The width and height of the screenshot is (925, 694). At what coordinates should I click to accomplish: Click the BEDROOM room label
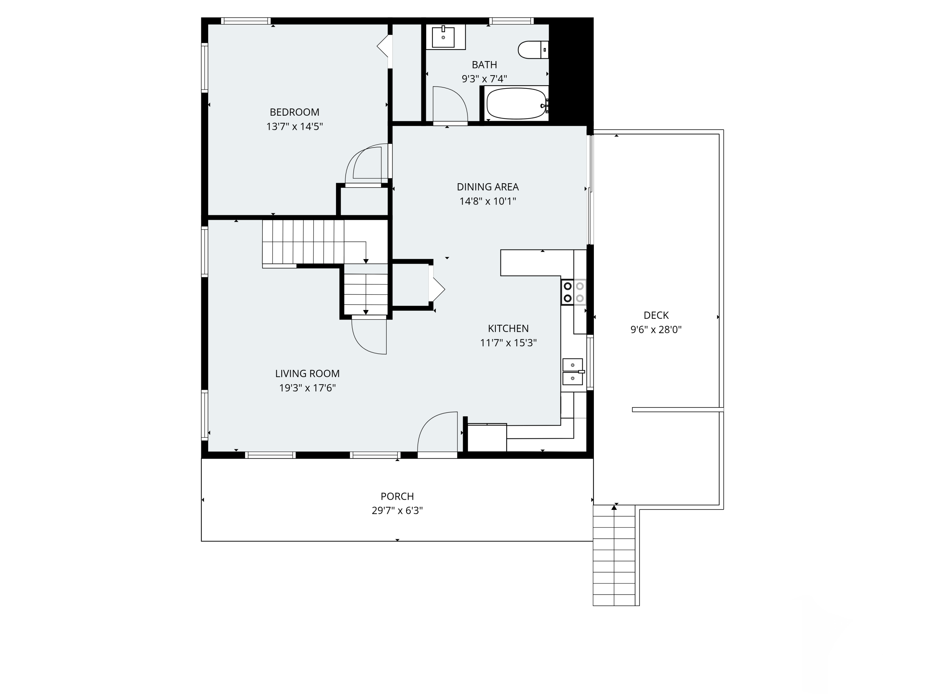tap(294, 112)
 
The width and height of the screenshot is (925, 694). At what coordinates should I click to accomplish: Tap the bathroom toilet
tap(533, 50)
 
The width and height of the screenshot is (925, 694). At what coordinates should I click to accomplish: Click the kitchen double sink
tap(573, 371)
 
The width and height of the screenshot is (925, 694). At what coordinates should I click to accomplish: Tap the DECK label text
tap(656, 316)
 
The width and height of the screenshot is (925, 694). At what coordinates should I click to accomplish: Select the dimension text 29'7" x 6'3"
tap(397, 511)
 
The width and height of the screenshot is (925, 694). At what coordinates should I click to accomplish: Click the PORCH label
tap(397, 497)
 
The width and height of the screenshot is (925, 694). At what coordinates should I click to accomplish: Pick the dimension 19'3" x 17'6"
tap(307, 388)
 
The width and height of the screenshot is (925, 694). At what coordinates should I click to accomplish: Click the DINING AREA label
tap(487, 187)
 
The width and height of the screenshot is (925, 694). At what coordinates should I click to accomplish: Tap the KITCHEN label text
tap(508, 328)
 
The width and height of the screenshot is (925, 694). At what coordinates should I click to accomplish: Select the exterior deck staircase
tap(614, 555)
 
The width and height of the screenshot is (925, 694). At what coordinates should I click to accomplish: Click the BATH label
tap(484, 65)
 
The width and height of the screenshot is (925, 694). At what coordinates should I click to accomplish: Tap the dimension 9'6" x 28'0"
tap(656, 330)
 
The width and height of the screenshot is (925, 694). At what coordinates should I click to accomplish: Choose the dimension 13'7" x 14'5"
tap(294, 126)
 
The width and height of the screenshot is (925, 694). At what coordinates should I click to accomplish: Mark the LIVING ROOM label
tap(307, 374)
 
